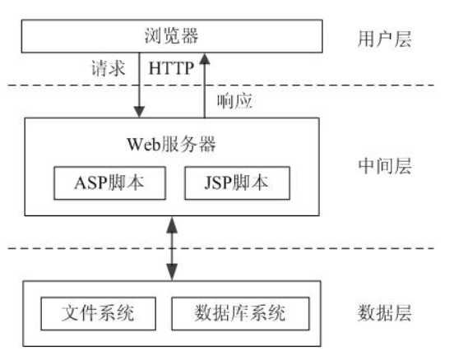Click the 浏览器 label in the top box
click(171, 36)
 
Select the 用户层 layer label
click(384, 39)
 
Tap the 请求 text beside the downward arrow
click(108, 68)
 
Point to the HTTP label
click(171, 68)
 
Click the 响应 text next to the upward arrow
click(234, 101)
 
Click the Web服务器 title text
click(171, 144)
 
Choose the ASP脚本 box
click(110, 182)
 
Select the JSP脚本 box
click(237, 182)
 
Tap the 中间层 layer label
click(385, 166)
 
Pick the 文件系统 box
click(98, 313)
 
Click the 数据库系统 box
click(240, 313)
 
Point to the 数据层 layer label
click(384, 313)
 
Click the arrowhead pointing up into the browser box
click(205, 58)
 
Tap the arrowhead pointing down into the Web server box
click(139, 112)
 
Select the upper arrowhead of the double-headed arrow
click(172, 225)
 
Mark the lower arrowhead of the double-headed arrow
click(172, 272)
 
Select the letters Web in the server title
click(144, 145)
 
